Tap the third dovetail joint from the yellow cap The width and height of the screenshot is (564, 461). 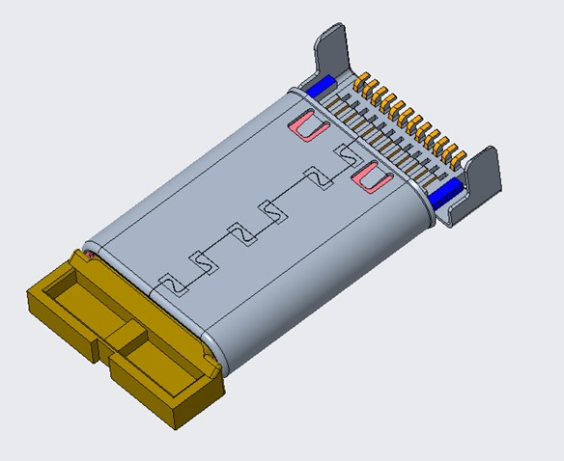(x=240, y=232)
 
